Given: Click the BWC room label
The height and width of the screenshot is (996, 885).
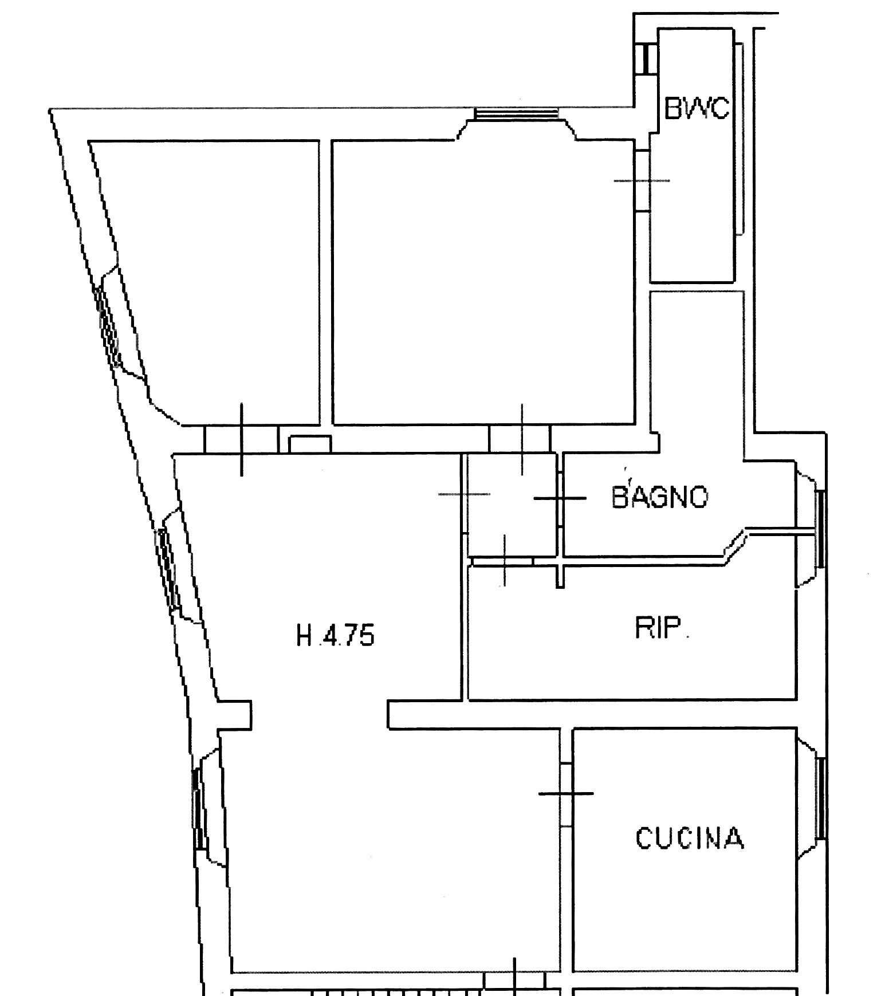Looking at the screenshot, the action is (x=697, y=108).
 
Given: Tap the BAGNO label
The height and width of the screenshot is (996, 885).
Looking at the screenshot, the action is (x=660, y=497).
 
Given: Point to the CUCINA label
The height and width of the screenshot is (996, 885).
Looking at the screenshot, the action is (x=690, y=838).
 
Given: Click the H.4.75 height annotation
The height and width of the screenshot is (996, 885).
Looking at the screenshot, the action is (x=336, y=635).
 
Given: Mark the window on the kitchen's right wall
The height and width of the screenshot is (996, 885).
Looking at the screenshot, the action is (x=820, y=798).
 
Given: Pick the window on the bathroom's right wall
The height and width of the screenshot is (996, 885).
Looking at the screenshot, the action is (x=820, y=529).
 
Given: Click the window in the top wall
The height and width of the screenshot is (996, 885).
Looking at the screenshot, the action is (x=517, y=113).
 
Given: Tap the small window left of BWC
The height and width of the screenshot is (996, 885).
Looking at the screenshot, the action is (x=646, y=59).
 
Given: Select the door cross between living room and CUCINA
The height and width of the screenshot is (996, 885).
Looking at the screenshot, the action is (x=566, y=793).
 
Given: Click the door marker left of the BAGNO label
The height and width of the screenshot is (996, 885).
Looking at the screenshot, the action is (x=560, y=498).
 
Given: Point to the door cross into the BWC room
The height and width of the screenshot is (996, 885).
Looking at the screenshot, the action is (x=642, y=181).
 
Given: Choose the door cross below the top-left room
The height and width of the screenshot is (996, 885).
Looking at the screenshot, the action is (x=242, y=439).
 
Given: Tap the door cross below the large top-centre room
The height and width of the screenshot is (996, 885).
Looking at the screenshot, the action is (x=522, y=439).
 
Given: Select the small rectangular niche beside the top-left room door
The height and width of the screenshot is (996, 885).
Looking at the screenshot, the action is (x=310, y=444).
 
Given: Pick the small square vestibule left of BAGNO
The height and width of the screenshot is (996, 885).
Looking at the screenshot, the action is (x=512, y=505).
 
